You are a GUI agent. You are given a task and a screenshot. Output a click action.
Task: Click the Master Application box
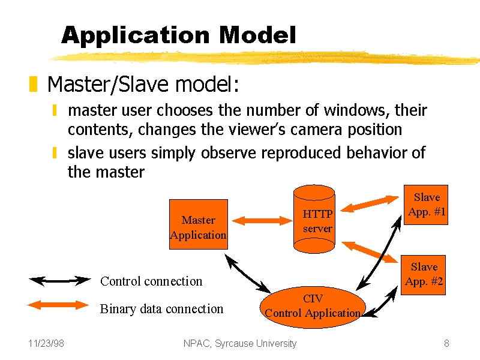click(x=199, y=224)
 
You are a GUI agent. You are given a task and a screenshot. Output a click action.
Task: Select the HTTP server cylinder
click(x=314, y=219)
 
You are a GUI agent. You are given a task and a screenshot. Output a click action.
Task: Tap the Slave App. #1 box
click(x=426, y=205)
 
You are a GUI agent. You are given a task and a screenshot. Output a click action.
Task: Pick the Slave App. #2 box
click(x=424, y=275)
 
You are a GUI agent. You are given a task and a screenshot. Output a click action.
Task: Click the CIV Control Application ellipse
click(x=313, y=307)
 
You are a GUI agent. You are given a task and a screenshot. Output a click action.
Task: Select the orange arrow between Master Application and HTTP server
click(x=262, y=220)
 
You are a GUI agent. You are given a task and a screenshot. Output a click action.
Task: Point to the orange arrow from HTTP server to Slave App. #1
click(x=370, y=204)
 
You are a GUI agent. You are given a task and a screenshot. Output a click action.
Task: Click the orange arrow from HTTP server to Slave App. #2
click(x=370, y=252)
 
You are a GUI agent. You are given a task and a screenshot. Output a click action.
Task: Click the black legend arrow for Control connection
click(x=59, y=280)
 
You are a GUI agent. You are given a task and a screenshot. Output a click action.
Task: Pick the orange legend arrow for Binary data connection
click(x=58, y=305)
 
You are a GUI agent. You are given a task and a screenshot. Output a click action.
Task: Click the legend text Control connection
click(x=151, y=281)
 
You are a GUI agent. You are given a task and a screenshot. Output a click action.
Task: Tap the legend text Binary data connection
click(x=161, y=309)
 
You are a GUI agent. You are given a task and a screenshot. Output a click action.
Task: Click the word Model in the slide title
click(x=257, y=35)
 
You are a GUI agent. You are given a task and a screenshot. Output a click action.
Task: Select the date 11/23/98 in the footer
click(x=46, y=343)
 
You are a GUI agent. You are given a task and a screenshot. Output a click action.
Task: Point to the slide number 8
click(x=446, y=343)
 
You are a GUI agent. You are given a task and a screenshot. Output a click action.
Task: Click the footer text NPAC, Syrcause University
click(x=240, y=344)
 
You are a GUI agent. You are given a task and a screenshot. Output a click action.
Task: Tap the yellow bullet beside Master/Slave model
click(x=33, y=84)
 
